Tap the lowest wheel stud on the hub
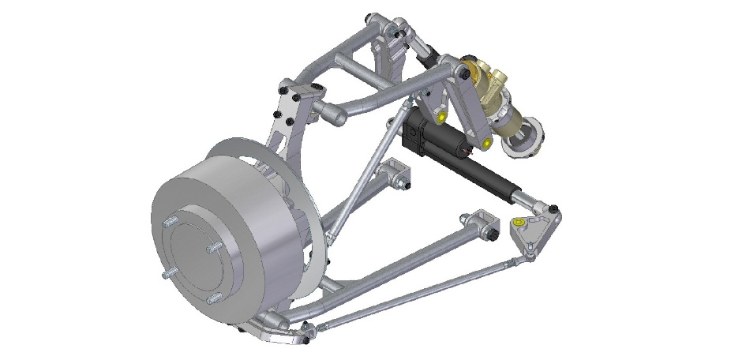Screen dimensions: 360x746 (x=213, y=299)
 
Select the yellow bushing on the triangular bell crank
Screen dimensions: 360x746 (x=518, y=223)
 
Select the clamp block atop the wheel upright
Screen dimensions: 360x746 (x=300, y=100)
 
